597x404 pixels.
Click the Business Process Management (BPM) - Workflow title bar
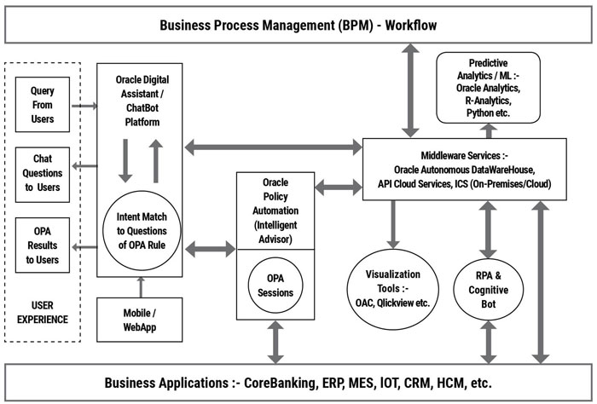(298, 25)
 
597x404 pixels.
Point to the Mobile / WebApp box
(139, 318)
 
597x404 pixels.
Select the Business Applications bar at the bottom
(298, 381)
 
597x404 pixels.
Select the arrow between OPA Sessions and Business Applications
(275, 343)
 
